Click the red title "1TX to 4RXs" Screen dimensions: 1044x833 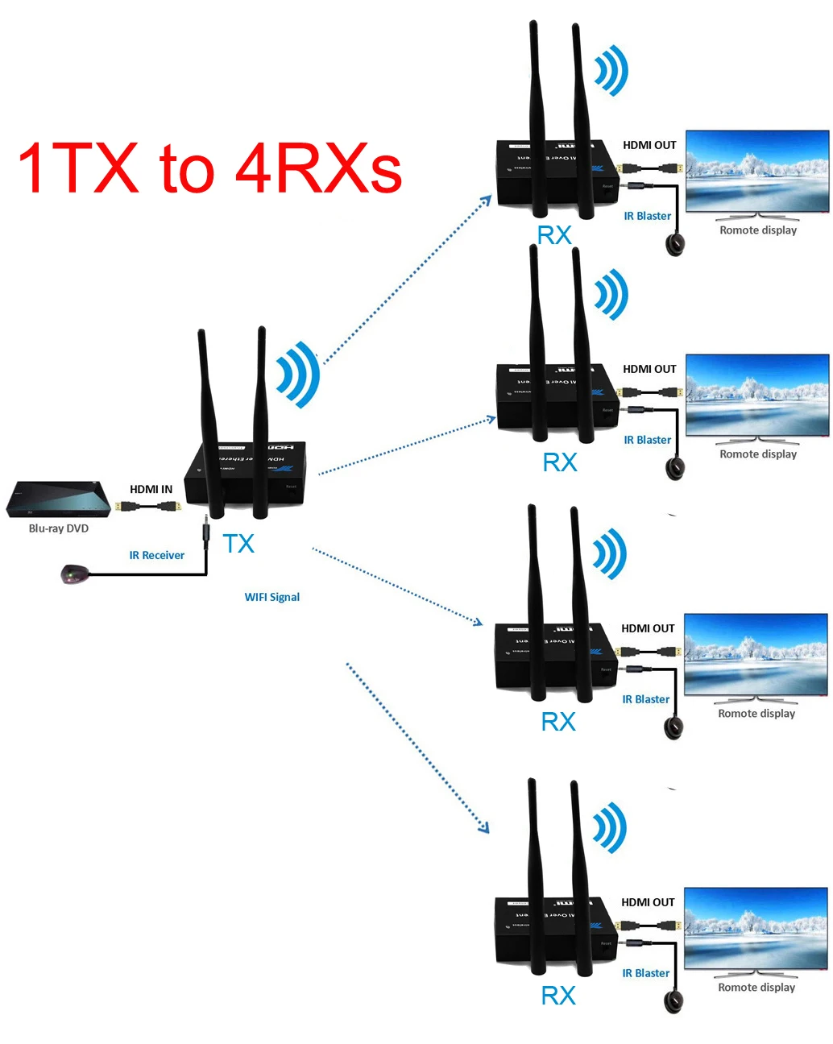pos(209,169)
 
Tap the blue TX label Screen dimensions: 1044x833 pos(238,544)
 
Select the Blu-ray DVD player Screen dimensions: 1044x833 pos(58,500)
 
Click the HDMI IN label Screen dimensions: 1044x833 pos(151,489)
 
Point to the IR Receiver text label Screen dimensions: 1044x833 pos(156,555)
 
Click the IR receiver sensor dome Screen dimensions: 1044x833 pos(73,574)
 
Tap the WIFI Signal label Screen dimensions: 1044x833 pos(271,597)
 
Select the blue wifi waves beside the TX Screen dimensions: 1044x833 pos(298,375)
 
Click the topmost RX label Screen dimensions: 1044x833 pos(554,235)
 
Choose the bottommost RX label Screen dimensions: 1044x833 pos(558,996)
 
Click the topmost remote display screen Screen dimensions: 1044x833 pos(756,171)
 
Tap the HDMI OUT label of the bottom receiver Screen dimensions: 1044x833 pos(648,902)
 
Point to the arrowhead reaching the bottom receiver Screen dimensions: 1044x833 pos(484,827)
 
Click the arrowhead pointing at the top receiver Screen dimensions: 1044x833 pos(487,200)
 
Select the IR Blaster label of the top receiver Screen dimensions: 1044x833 pos(647,216)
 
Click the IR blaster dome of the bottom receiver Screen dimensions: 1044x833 pos(673,1001)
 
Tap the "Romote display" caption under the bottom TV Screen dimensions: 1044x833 pos(756,987)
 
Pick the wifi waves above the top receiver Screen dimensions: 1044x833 pos(611,71)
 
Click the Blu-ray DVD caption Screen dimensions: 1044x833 pos(58,528)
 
